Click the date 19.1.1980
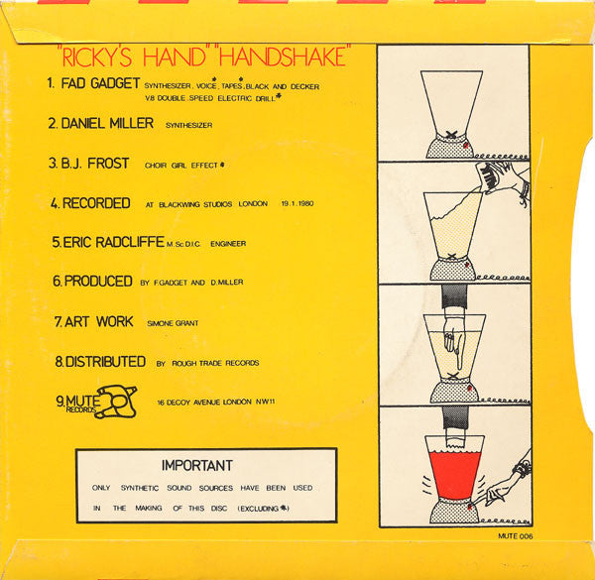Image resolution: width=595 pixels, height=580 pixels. [x=304, y=204]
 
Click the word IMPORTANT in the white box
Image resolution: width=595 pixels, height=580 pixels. [x=196, y=465]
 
